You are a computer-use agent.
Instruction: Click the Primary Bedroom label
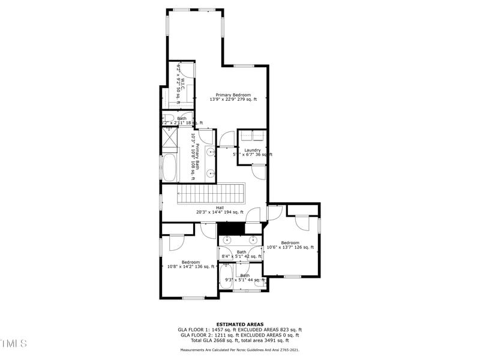pos(233,97)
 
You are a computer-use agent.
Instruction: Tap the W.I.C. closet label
pos(181,88)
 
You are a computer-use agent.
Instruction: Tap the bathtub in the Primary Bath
pos(169,168)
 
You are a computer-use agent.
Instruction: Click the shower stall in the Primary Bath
pos(169,139)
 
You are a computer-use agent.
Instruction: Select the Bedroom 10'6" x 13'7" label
pos(290,245)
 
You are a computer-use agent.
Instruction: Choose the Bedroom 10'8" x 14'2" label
pos(191,264)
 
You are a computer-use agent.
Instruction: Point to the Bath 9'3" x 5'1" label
pos(245,277)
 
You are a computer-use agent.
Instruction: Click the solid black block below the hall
pos(232,228)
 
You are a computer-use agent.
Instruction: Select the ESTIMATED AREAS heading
pos(240,324)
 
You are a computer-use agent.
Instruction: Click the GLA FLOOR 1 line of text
pos(240,330)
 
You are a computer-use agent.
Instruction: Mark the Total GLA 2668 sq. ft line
pos(240,341)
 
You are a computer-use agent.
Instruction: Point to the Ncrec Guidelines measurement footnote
pos(240,349)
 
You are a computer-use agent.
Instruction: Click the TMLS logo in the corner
pos(13,343)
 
